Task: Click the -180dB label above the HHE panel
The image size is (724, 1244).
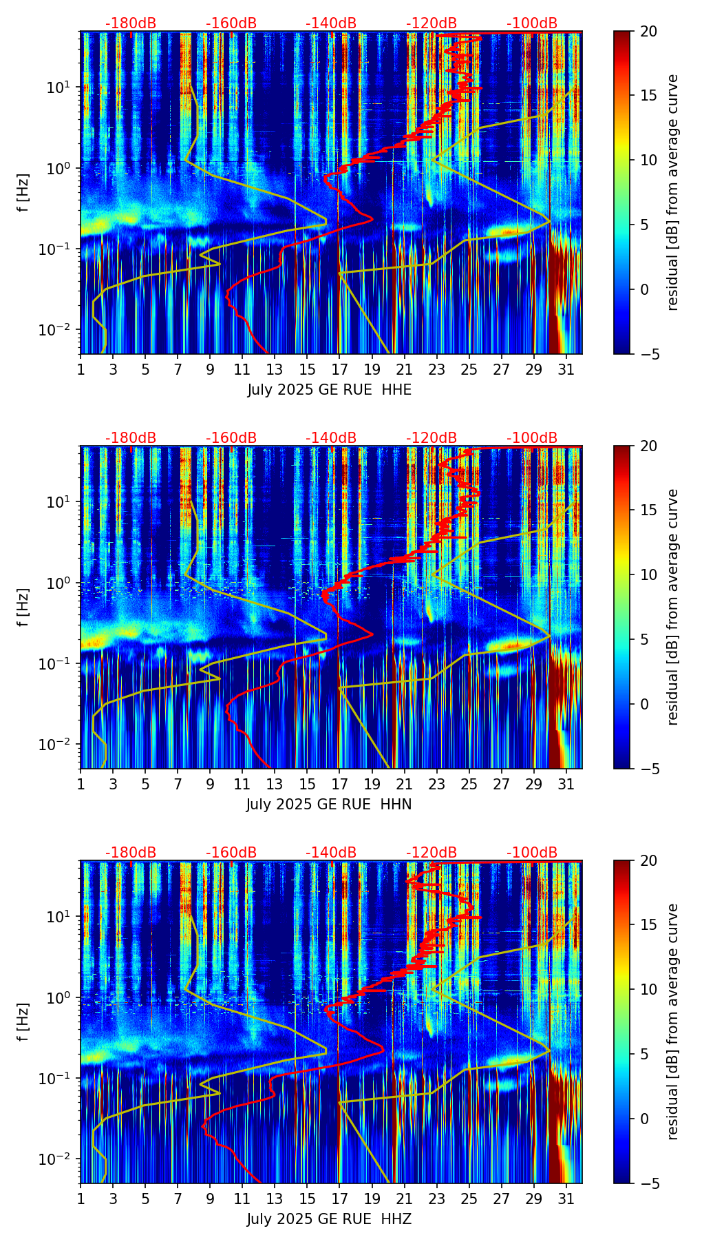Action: coord(131,23)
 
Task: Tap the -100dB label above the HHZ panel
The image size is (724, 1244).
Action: coord(532,853)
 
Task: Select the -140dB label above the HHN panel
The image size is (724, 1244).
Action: coord(331,438)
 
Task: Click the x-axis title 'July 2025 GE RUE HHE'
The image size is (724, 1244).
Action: coord(329,390)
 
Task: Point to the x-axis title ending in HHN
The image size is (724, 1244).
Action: coord(329,805)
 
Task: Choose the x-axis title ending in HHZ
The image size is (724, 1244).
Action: coord(329,1219)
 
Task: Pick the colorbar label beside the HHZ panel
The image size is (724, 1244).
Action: coord(672,1022)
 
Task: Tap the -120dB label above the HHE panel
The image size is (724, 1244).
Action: coord(432,23)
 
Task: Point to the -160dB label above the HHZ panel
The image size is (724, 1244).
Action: coord(231,853)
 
